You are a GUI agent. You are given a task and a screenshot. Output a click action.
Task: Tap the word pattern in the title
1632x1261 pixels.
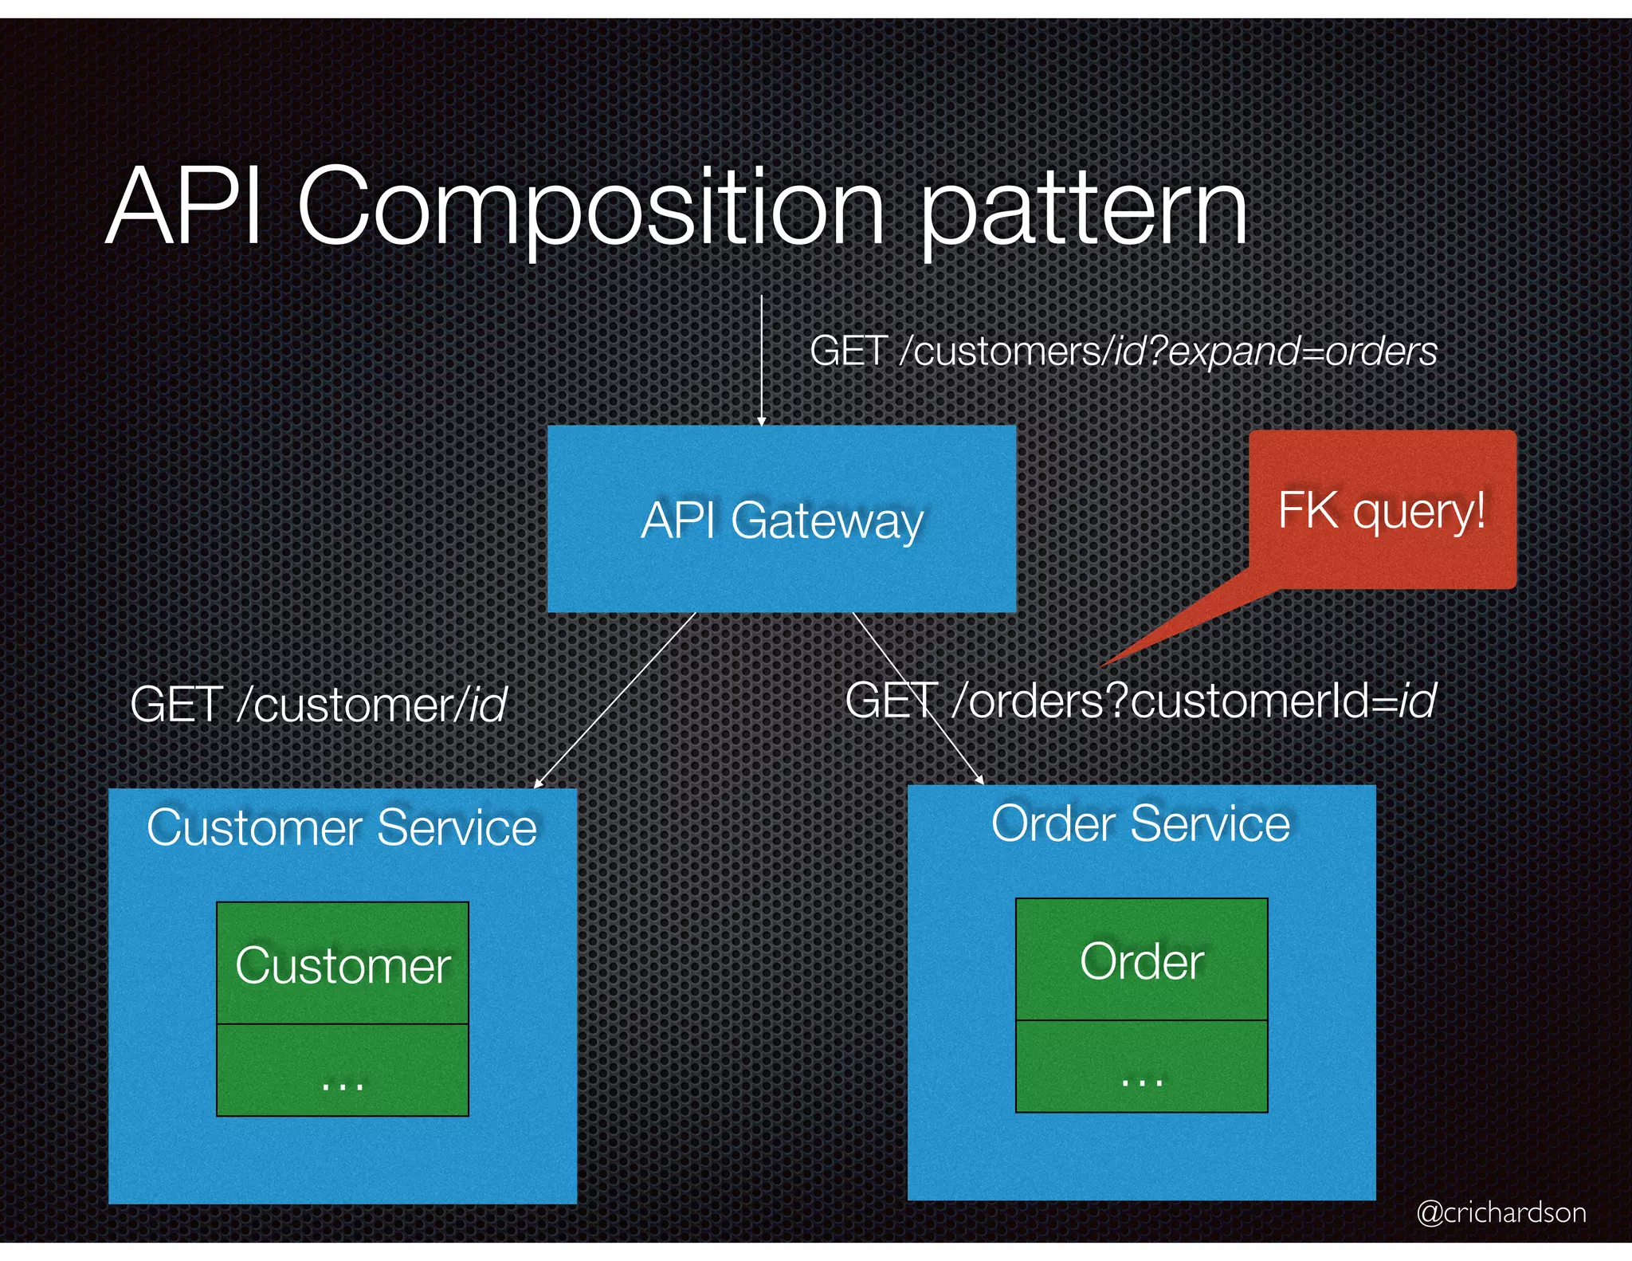pos(1084,209)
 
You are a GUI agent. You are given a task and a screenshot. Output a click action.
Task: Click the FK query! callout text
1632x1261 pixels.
pos(1382,510)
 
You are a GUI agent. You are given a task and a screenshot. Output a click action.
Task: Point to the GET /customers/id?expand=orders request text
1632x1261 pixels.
pos(1123,351)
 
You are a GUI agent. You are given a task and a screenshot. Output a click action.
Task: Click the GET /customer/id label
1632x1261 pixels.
pos(318,705)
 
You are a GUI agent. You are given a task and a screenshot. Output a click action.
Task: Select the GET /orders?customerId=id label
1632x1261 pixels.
pos(1140,701)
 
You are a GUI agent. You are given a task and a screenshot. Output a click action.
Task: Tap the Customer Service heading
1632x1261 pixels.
pos(342,827)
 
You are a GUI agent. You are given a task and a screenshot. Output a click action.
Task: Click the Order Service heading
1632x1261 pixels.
pos(1140,823)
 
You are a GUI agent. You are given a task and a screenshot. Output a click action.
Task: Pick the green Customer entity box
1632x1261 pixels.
pos(343,964)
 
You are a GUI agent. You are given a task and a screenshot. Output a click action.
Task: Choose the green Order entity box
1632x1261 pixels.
pos(1141,960)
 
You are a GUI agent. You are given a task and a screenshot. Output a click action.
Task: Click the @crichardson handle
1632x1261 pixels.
pos(1501,1212)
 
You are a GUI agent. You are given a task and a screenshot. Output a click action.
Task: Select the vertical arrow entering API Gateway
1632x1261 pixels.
pos(761,359)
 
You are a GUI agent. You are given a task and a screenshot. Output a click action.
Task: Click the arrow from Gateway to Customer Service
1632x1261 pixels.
pos(614,701)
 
